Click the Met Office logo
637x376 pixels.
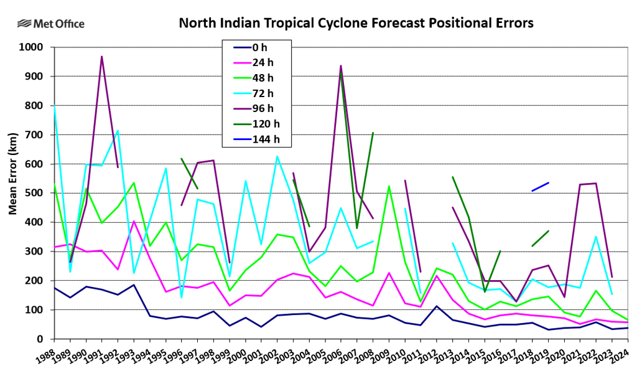pos(51,24)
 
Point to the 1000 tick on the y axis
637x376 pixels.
pos(31,47)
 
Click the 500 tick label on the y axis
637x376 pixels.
pos(34,193)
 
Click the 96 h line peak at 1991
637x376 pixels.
pos(102,57)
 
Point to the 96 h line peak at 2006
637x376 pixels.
pos(341,65)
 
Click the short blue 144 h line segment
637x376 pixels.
pos(540,187)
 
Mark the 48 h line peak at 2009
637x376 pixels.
pos(389,186)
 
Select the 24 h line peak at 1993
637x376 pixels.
pos(134,221)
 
